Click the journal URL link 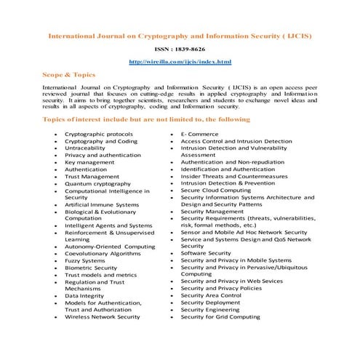180,62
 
